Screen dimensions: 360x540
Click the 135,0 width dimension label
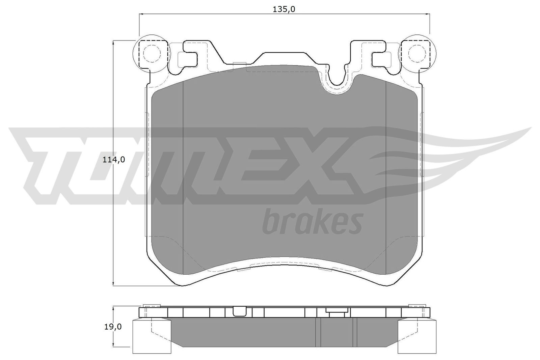(284, 9)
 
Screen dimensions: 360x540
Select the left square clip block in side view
(143, 335)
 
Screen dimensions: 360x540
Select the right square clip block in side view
(417, 335)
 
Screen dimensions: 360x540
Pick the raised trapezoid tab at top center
(285, 57)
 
